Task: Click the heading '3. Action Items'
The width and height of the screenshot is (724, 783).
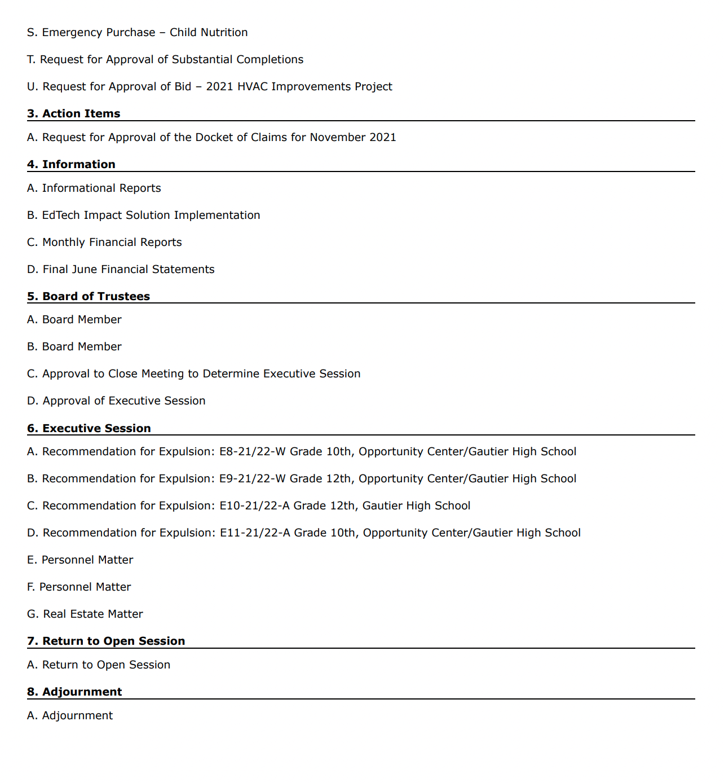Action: [74, 113]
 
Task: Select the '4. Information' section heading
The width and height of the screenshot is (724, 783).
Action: [71, 164]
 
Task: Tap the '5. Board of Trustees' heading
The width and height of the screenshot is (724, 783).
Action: [89, 296]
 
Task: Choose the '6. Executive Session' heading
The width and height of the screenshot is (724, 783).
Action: [89, 428]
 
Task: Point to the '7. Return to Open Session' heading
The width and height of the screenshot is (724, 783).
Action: [106, 641]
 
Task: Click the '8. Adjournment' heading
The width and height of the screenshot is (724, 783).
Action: [74, 692]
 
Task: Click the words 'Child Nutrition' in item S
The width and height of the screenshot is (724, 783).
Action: [209, 32]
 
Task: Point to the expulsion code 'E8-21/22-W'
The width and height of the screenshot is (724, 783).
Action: [253, 451]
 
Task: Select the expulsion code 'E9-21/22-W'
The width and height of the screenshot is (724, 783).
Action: [253, 478]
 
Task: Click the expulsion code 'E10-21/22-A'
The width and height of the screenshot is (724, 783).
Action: [254, 505]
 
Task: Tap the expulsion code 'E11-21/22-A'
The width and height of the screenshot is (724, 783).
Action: [255, 533]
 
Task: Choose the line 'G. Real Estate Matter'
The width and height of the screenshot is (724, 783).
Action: [85, 614]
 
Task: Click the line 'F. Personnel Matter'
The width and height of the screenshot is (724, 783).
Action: [79, 587]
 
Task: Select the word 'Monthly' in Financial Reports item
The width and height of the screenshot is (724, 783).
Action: [64, 242]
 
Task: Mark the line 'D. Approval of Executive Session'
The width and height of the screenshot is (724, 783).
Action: [116, 401]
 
